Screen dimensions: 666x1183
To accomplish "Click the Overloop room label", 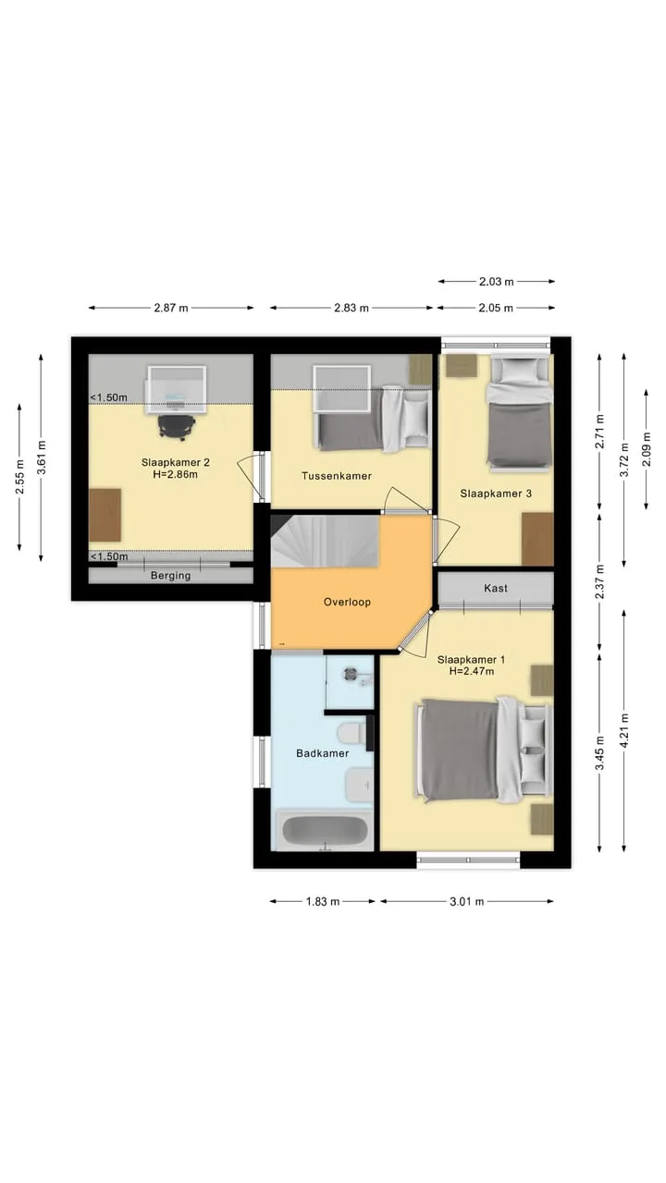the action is coord(347,602).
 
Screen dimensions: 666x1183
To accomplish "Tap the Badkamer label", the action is coord(323,753).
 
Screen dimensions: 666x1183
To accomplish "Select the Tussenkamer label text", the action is coord(337,475).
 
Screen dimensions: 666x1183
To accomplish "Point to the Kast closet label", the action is coord(496,588).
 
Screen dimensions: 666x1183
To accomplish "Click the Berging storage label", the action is coord(171,576).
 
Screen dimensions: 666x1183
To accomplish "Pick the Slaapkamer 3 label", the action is coord(496,494).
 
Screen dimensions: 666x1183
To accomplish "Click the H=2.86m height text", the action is coord(176,474).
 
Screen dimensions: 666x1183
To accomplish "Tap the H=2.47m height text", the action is coord(472,671).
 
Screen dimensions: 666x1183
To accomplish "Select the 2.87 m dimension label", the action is coord(171,308).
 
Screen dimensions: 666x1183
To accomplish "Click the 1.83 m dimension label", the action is coord(323,901).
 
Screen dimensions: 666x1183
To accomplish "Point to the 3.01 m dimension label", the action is coord(467,901).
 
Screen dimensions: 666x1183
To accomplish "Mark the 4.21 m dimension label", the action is coord(624,730).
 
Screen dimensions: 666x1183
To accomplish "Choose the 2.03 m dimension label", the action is coord(497,282).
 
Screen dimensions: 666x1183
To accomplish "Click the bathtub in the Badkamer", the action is coord(325,830).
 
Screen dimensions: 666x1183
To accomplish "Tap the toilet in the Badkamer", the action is coord(350,734).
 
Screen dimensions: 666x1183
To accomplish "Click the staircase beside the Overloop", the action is coord(325,541).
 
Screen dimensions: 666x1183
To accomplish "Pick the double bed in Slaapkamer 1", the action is coord(485,750).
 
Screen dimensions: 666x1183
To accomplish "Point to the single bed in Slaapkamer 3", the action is coord(520,413).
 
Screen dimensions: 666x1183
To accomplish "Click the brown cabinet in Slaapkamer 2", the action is coord(105,516).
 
